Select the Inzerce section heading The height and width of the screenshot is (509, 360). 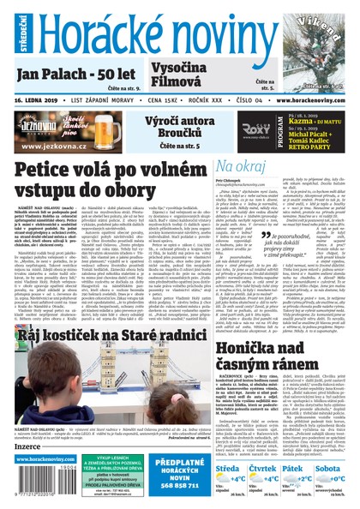pyautogui.click(x=27, y=446)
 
